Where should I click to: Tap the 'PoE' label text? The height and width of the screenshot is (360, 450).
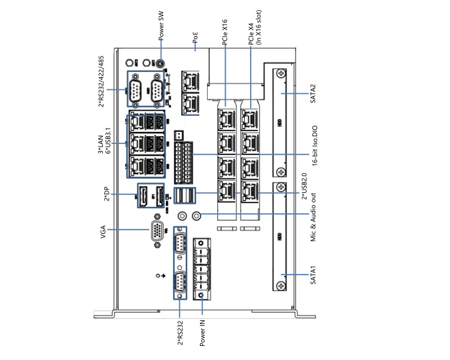(195, 39)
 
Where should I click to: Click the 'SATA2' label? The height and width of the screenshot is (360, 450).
(313, 94)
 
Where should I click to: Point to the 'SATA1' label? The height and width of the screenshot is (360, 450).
(313, 274)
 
